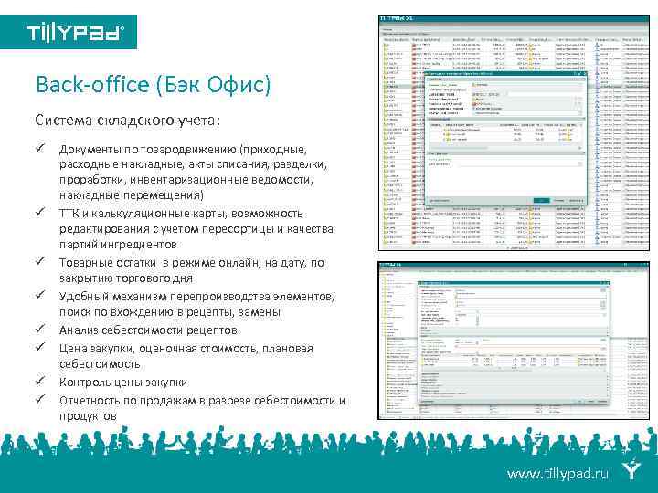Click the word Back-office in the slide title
pyautogui.click(x=83, y=86)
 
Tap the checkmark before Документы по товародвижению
pyautogui.click(x=41, y=147)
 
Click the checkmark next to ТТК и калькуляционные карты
pyautogui.click(x=41, y=212)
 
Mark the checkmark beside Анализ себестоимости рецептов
pyautogui.click(x=41, y=329)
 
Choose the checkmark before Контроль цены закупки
pyautogui.click(x=41, y=381)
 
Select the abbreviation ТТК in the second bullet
pyautogui.click(x=69, y=213)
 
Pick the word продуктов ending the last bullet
pyautogui.click(x=88, y=416)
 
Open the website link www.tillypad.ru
pyautogui.click(x=557, y=474)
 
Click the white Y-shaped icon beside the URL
pyautogui.click(x=631, y=471)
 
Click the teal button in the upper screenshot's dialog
pyautogui.click(x=542, y=200)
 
